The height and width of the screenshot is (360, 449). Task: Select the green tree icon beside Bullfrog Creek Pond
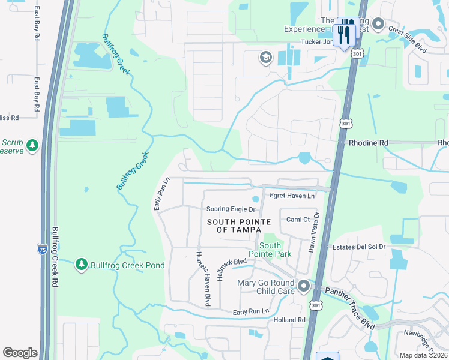[82, 264]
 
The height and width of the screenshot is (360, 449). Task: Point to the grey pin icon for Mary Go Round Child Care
[303, 286]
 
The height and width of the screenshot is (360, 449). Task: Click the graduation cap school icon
[265, 58]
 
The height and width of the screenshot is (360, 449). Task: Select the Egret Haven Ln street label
[292, 196]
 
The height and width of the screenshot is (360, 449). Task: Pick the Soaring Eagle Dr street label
[231, 209]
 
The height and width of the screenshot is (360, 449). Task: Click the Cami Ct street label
[298, 220]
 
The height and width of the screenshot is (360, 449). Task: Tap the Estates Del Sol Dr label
[359, 247]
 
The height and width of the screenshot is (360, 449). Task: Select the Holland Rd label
[289, 320]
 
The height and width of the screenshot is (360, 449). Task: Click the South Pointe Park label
[274, 250]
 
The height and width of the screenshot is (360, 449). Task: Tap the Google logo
[20, 353]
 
